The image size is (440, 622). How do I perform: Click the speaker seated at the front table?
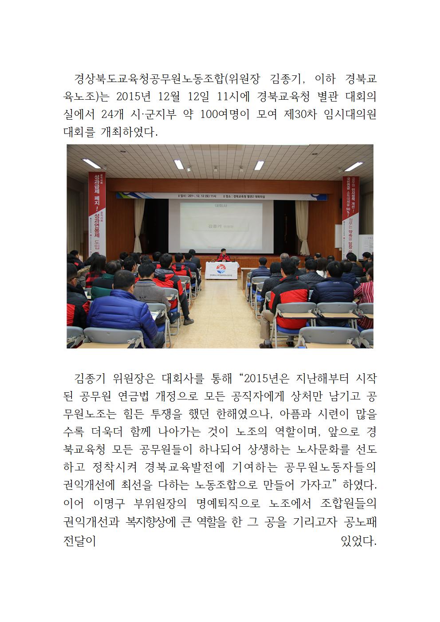(x=223, y=256)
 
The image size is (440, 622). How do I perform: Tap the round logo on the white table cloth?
(x=221, y=269)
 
